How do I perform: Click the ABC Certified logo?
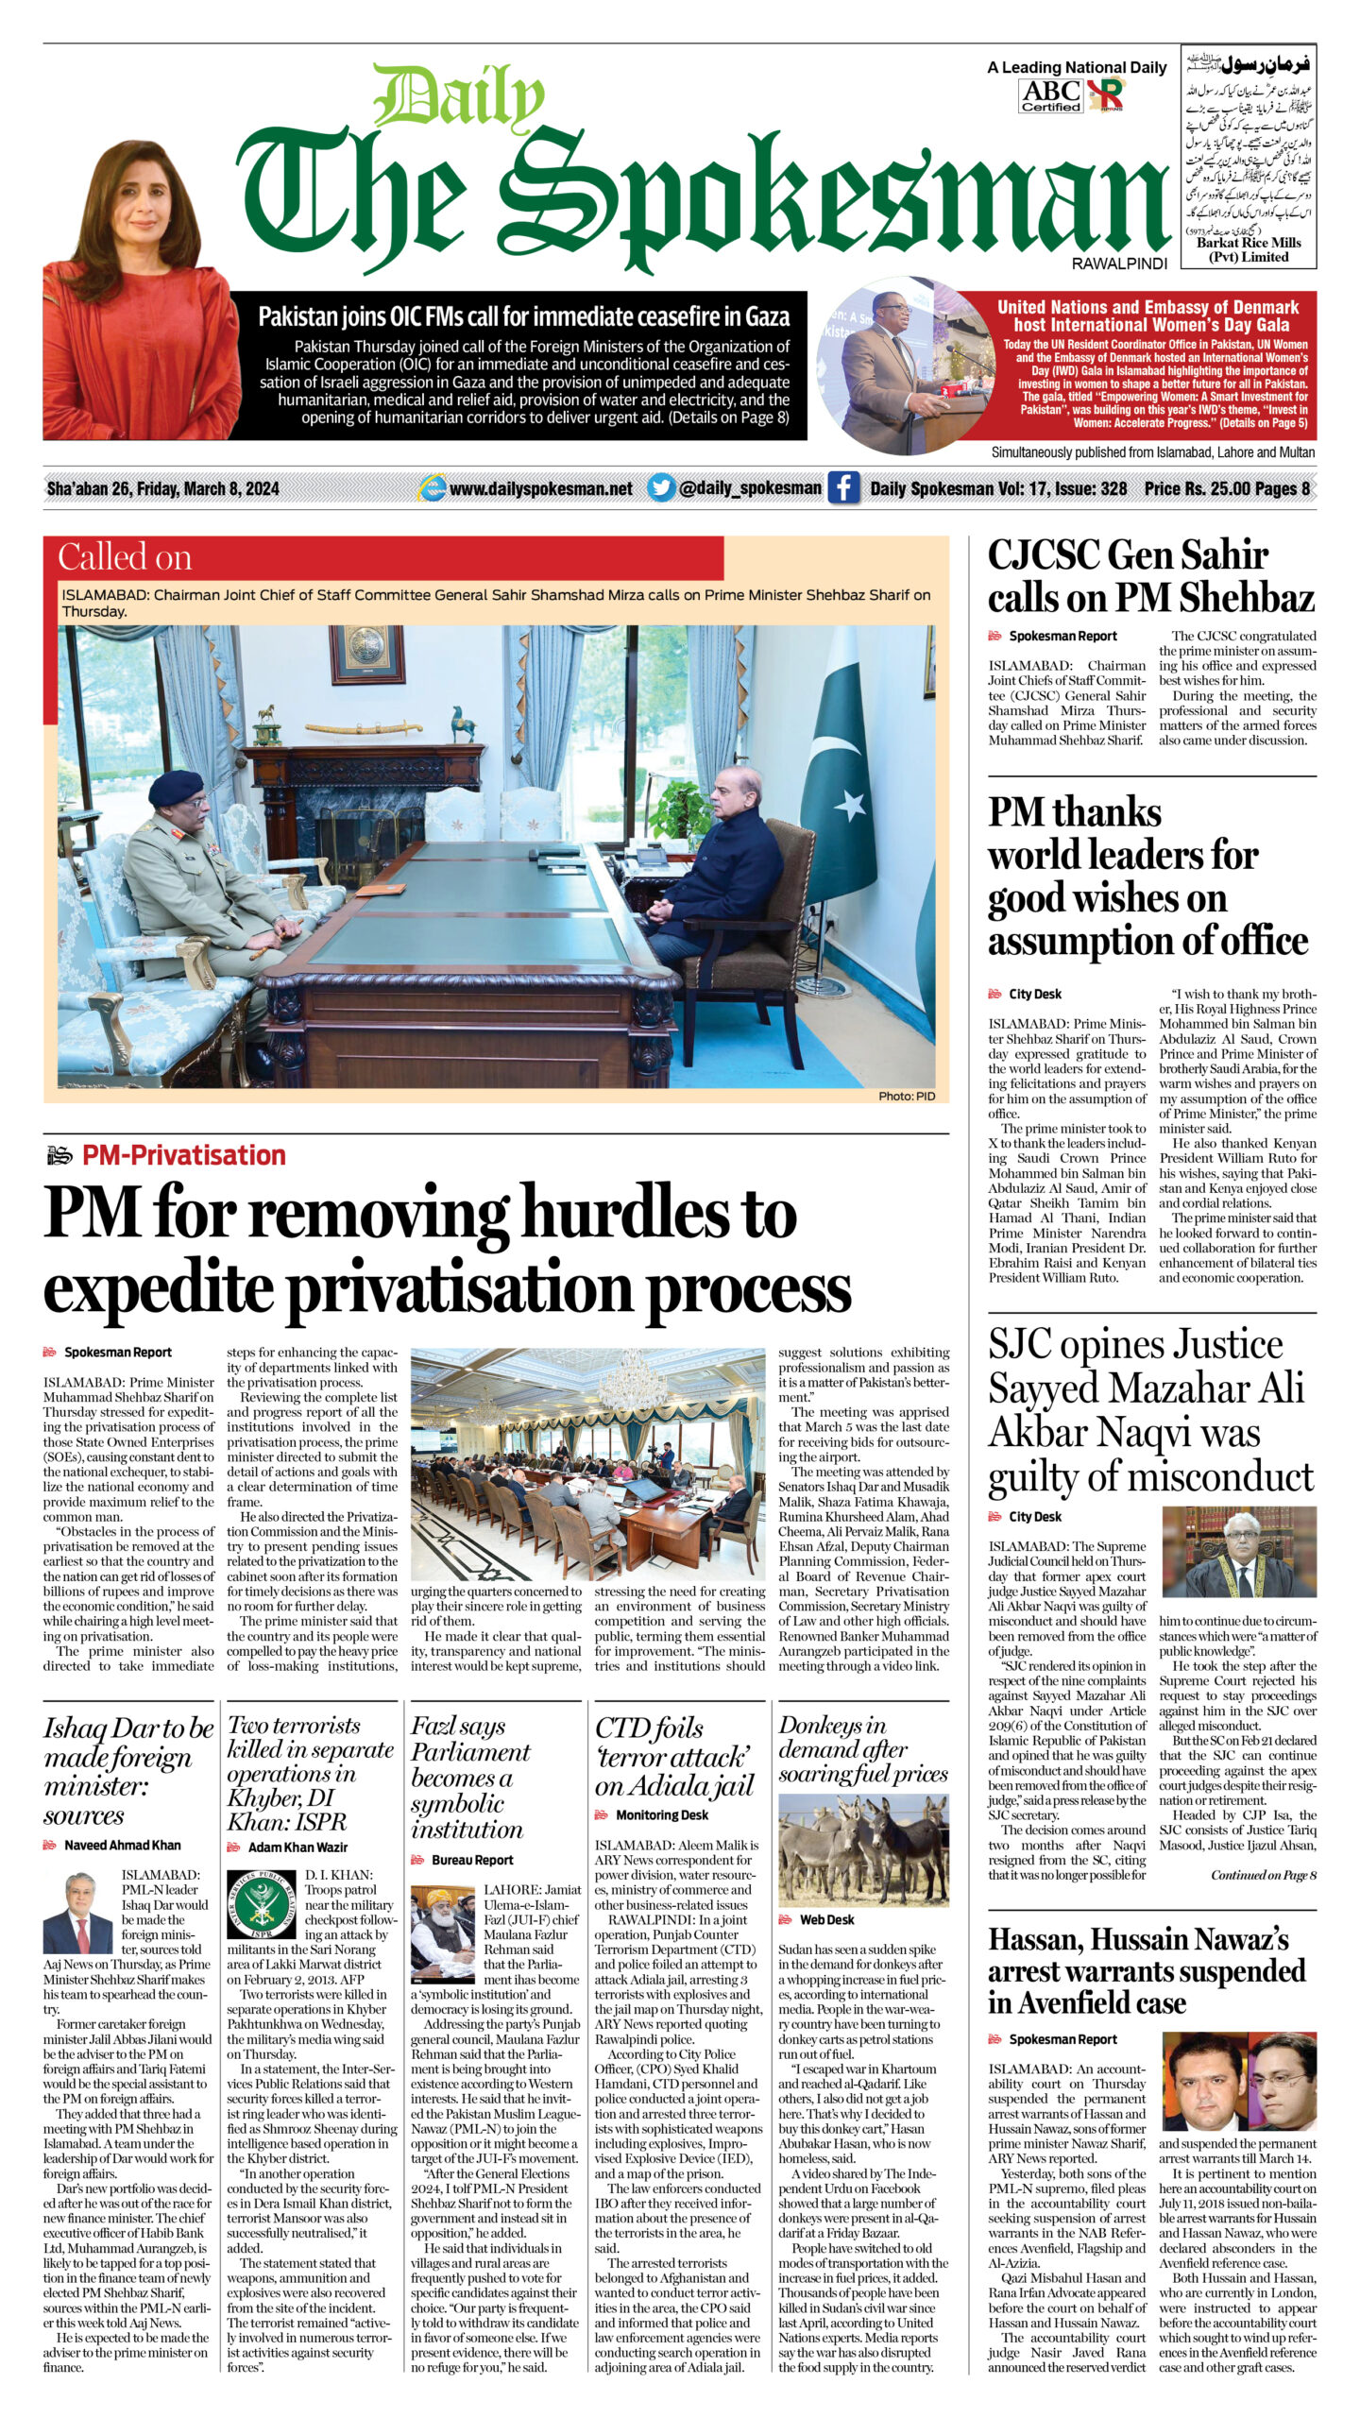pyautogui.click(x=1050, y=95)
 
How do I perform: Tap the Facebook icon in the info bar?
pyautogui.click(x=843, y=488)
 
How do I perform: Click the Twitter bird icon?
pyautogui.click(x=661, y=488)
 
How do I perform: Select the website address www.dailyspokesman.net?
pyautogui.click(x=540, y=488)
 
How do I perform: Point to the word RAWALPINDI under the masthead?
pyautogui.click(x=1119, y=264)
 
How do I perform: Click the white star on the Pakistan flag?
pyautogui.click(x=849, y=805)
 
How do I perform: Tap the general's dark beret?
pyautogui.click(x=176, y=784)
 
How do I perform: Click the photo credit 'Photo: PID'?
pyautogui.click(x=906, y=1096)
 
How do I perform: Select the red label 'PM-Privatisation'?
pyautogui.click(x=183, y=1155)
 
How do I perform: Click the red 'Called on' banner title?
pyautogui.click(x=125, y=557)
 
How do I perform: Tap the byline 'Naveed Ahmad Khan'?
pyautogui.click(x=122, y=1845)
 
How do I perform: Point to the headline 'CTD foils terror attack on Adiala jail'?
pyautogui.click(x=674, y=1756)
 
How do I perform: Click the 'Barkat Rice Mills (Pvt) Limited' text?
pyautogui.click(x=1249, y=249)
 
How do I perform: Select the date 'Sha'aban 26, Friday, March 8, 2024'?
pyautogui.click(x=162, y=488)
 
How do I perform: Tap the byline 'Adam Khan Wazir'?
pyautogui.click(x=297, y=1847)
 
